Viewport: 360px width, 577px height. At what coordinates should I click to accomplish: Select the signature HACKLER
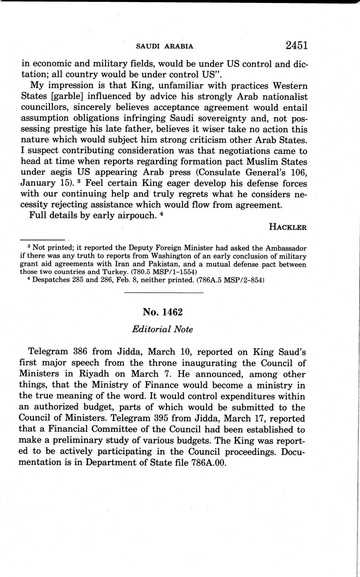[x=288, y=227]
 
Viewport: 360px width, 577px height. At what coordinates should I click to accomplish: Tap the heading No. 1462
[x=163, y=312]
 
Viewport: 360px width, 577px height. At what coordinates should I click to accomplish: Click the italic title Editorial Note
[x=162, y=329]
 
